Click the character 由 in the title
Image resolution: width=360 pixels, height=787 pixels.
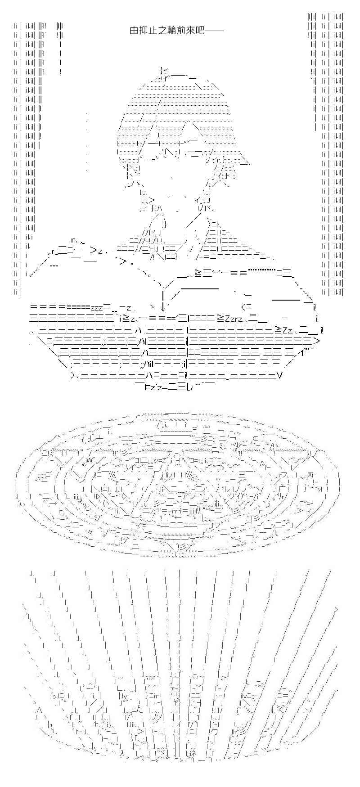(x=133, y=31)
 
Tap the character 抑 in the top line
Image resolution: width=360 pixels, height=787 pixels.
(x=142, y=31)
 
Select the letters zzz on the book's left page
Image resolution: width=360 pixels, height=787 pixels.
(x=97, y=308)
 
